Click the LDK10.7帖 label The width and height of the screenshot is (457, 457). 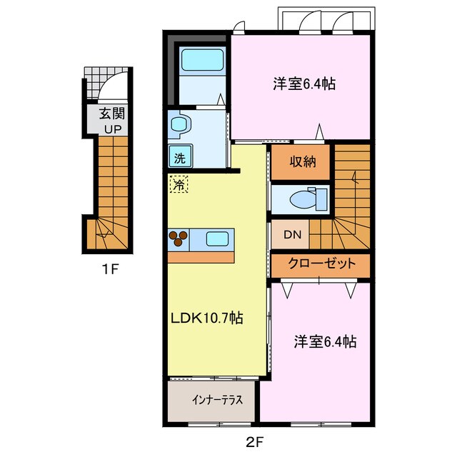[206, 318]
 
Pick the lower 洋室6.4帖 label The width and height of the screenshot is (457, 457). [325, 342]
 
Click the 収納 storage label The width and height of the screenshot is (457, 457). [301, 161]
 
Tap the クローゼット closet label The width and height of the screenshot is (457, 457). [321, 263]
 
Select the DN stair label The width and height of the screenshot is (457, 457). [291, 233]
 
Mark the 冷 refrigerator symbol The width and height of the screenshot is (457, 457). [179, 184]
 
